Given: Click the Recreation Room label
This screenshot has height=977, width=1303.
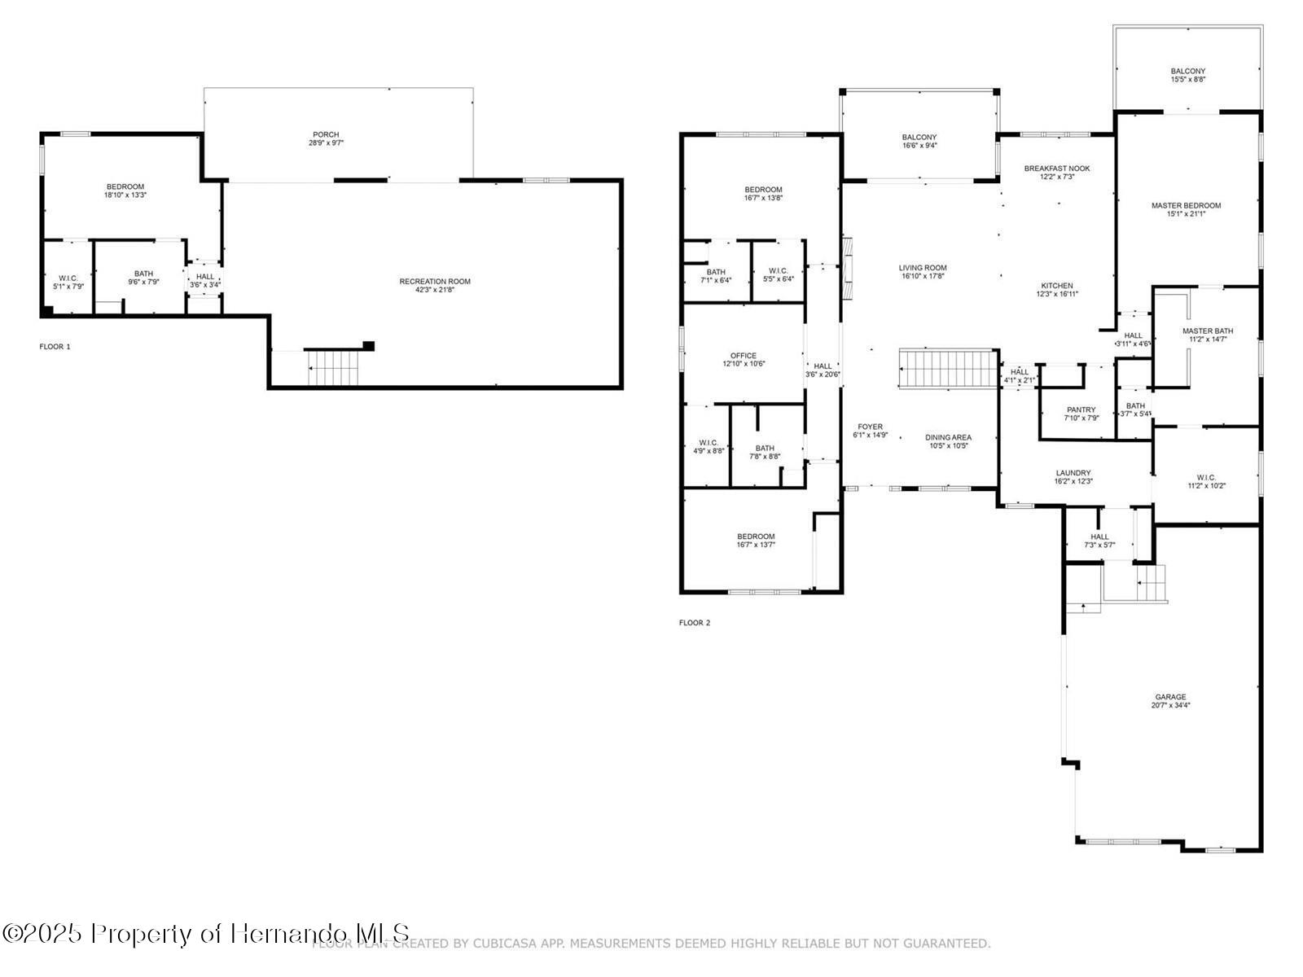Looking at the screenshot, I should (435, 282).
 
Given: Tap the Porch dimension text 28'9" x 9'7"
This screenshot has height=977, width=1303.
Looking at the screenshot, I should (326, 143).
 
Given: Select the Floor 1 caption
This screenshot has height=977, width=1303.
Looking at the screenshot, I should (55, 347).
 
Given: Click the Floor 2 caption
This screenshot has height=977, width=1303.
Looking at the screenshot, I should (695, 623).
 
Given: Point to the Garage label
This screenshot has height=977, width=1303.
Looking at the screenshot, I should (1170, 697).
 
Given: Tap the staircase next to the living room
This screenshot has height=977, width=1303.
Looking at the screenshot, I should (949, 370).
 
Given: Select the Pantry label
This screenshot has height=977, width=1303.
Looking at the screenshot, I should (1081, 410).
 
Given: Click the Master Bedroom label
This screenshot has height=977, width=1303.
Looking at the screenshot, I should (1186, 205).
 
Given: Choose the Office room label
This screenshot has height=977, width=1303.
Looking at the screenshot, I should (744, 356).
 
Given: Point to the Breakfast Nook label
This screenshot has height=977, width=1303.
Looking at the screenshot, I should (1057, 169).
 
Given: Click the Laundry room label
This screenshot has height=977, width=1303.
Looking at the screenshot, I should (1073, 473).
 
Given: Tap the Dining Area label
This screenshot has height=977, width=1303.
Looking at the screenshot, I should (949, 437).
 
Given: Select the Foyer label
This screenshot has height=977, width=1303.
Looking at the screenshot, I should (870, 427).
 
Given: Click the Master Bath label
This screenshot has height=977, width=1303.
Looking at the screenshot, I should (1208, 331).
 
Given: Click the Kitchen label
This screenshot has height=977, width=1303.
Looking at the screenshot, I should (1057, 286).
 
